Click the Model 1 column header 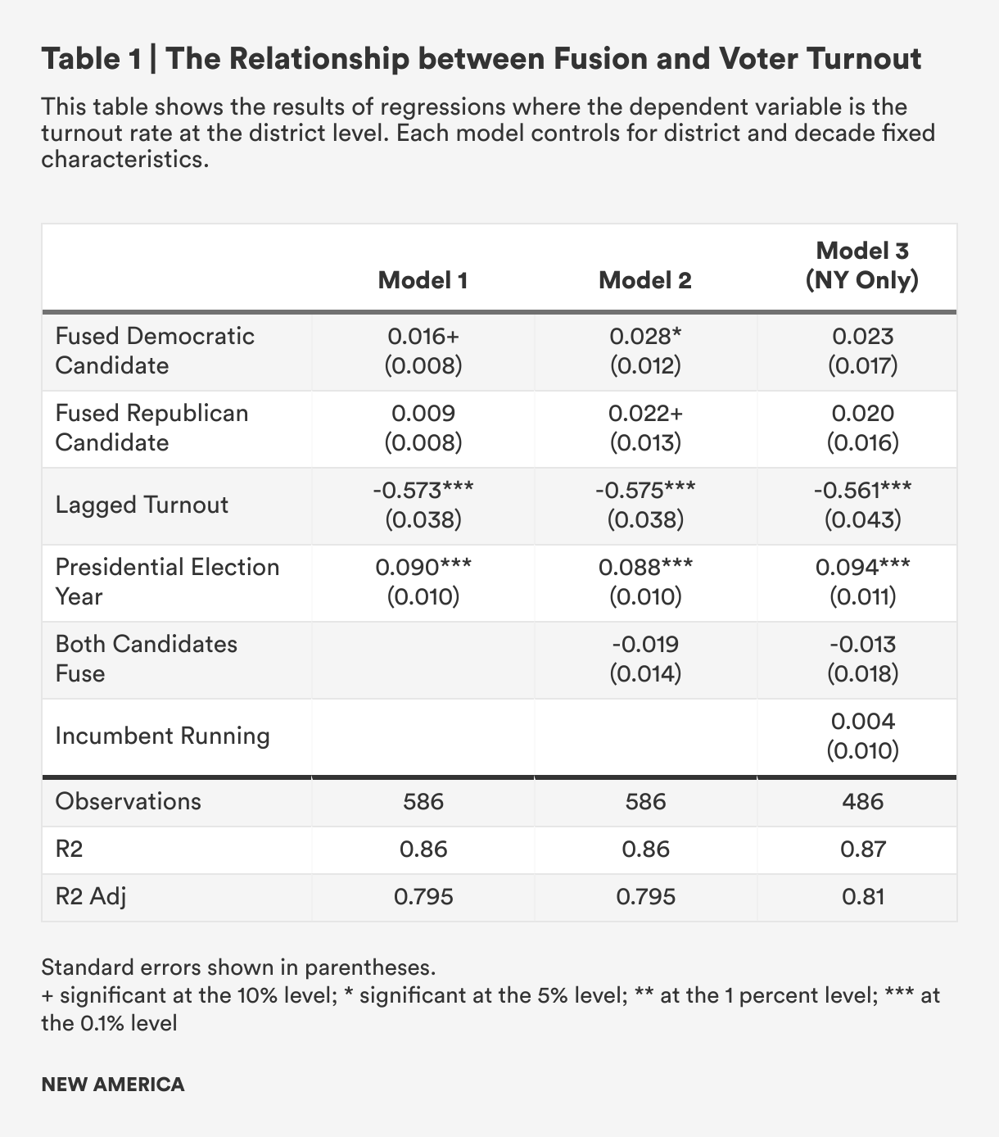click(423, 280)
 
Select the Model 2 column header click(645, 280)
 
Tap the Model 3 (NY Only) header click(862, 265)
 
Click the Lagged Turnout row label click(142, 505)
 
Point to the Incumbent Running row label click(162, 736)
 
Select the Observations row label click(128, 800)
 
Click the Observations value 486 click(862, 800)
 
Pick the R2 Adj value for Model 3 click(862, 896)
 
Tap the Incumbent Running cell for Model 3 click(862, 736)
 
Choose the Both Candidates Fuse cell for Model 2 click(645, 659)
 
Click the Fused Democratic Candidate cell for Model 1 click(423, 351)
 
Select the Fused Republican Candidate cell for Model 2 click(645, 428)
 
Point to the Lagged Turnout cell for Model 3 click(862, 505)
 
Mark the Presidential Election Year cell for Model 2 click(645, 582)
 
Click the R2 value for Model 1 click(423, 849)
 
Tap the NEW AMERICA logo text click(113, 1085)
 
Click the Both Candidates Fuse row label click(146, 659)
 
